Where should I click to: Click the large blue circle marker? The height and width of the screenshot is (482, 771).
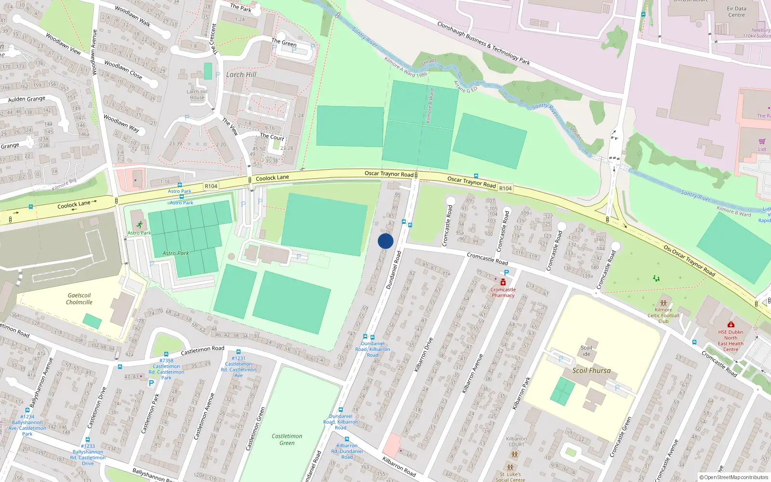click(385, 241)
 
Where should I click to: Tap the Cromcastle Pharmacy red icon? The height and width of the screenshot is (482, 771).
click(503, 282)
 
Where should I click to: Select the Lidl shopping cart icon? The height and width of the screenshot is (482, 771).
click(762, 142)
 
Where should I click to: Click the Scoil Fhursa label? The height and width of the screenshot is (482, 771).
click(591, 371)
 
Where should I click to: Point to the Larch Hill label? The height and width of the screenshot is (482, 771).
click(241, 75)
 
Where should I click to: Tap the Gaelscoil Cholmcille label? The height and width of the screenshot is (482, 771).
click(79, 299)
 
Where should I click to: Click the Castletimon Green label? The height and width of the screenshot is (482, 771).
click(287, 439)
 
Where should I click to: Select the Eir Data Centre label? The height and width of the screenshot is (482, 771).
click(736, 12)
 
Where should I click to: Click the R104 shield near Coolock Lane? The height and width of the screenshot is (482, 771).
click(211, 186)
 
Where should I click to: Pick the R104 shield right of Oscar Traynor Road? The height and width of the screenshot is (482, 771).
click(505, 188)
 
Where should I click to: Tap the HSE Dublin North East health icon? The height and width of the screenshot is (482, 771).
click(731, 325)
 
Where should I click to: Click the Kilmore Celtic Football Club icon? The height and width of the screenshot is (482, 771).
click(664, 303)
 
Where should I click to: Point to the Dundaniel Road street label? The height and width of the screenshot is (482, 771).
click(393, 270)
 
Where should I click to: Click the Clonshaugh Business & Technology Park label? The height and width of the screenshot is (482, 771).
click(483, 43)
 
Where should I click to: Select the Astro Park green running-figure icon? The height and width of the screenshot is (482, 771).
click(139, 225)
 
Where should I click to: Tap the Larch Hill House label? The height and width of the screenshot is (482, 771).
click(197, 94)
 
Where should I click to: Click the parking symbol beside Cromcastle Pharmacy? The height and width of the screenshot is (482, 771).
click(506, 273)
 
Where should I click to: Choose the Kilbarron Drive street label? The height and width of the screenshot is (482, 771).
click(424, 354)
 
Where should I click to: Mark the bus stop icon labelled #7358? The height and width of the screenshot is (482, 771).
click(166, 354)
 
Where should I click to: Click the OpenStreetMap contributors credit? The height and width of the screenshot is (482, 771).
click(734, 477)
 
